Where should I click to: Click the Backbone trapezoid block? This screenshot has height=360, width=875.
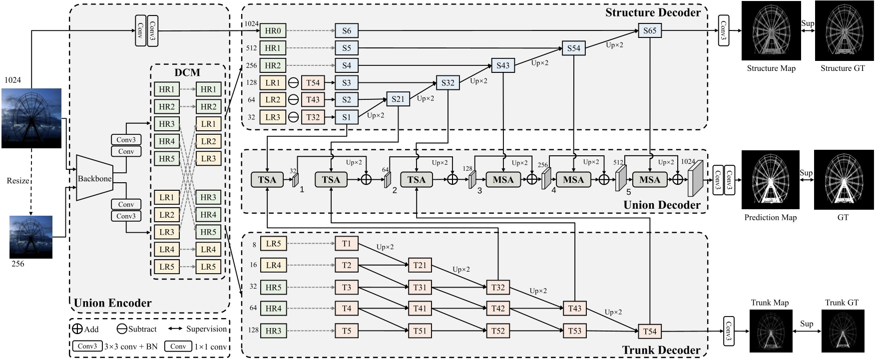(94, 178)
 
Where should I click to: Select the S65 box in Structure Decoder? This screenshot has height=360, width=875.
(649, 30)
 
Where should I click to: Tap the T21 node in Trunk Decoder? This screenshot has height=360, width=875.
(420, 265)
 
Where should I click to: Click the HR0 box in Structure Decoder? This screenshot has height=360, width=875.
(273, 30)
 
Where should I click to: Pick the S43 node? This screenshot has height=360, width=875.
(503, 65)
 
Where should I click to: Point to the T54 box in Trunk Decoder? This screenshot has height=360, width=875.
(649, 331)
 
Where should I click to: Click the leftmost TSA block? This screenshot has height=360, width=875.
(267, 180)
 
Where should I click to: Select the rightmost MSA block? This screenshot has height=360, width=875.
(649, 180)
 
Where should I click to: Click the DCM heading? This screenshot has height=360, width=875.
(187, 73)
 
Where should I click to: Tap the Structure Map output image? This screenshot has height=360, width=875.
(771, 31)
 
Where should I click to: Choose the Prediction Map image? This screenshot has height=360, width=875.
(771, 180)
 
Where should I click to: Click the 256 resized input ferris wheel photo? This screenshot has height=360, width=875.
(31, 237)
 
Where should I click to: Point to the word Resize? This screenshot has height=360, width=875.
(17, 181)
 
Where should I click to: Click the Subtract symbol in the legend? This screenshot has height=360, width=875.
(121, 329)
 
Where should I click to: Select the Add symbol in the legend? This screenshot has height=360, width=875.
(77, 329)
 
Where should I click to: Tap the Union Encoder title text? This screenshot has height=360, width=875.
(112, 303)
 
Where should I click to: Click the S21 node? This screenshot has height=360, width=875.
(398, 99)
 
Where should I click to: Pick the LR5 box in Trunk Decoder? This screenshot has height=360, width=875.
(273, 244)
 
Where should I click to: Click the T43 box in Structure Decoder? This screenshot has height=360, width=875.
(313, 99)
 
